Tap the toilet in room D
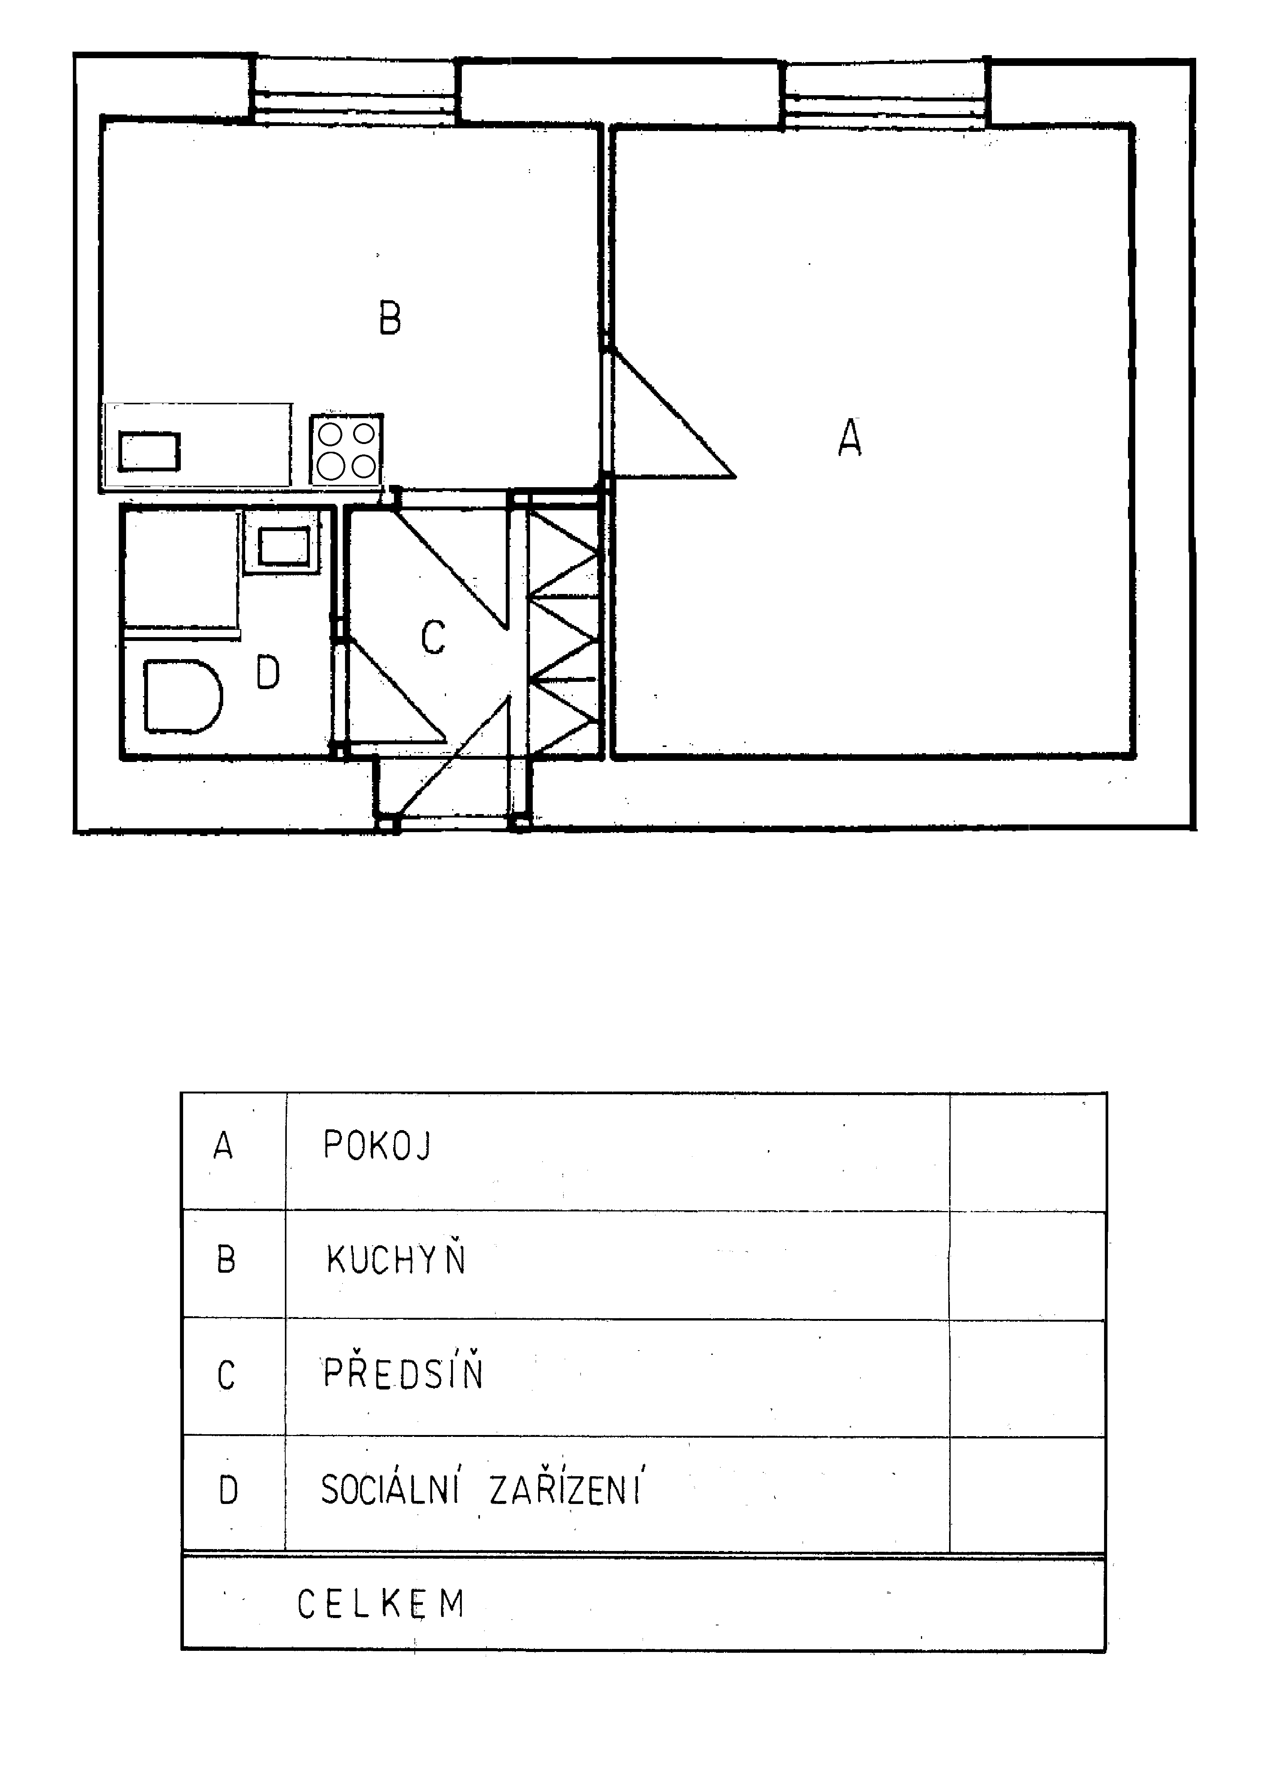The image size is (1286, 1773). coord(182,696)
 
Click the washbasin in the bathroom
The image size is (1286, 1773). coord(283,545)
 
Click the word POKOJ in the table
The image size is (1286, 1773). coord(377,1146)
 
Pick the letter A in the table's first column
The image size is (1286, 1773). coord(224,1146)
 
